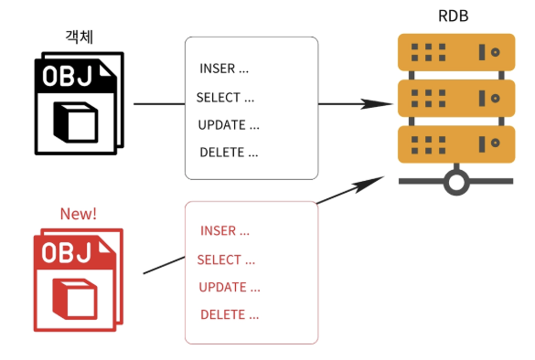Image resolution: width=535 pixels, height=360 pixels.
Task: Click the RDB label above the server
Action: (x=453, y=16)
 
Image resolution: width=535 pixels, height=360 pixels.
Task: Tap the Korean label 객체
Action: (x=80, y=37)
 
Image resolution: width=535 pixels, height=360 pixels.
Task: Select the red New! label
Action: (x=79, y=214)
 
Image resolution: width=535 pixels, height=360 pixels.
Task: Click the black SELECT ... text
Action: (x=225, y=98)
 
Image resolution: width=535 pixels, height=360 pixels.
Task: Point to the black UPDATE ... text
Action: (x=229, y=125)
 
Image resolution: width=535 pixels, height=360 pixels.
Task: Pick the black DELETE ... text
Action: (x=229, y=153)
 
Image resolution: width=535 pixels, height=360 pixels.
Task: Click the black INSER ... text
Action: (x=224, y=69)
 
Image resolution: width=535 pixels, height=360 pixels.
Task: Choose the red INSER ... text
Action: (x=225, y=231)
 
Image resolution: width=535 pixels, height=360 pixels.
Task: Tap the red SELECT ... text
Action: (x=226, y=259)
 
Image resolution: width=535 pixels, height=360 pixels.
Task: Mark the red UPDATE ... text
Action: (x=230, y=287)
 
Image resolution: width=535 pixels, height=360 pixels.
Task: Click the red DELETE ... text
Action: (x=230, y=314)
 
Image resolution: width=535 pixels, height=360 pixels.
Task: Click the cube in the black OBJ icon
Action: (x=76, y=122)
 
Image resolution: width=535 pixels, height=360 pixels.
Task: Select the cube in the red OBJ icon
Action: (x=75, y=299)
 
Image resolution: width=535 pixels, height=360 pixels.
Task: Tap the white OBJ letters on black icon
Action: (x=67, y=76)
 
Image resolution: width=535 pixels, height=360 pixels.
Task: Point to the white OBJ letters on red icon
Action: (x=67, y=252)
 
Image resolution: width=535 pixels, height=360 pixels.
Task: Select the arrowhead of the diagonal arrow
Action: (x=369, y=183)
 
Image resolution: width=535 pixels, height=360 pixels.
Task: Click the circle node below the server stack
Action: (x=456, y=182)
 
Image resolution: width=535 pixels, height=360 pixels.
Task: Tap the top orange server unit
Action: (x=456, y=52)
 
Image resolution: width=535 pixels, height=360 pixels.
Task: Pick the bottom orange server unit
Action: (x=456, y=144)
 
